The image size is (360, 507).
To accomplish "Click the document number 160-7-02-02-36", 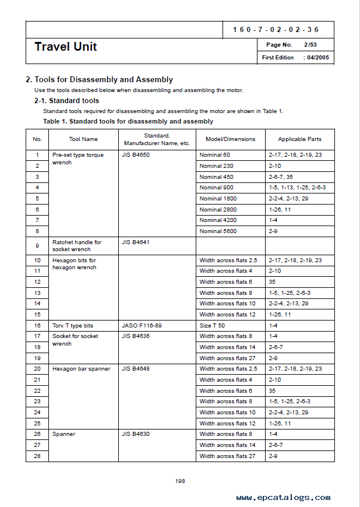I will [276, 30].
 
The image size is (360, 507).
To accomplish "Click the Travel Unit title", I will [66, 47].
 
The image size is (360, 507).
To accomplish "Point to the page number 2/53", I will [309, 45].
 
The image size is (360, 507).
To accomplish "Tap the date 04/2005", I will [318, 58].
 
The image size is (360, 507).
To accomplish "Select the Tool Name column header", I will [83, 139].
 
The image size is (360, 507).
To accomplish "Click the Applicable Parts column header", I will [299, 139].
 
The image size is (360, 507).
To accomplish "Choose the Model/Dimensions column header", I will [231, 139].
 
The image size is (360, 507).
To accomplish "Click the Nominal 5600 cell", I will [219, 231].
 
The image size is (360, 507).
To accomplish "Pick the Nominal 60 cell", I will [215, 155].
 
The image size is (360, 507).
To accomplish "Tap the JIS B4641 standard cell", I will [136, 242].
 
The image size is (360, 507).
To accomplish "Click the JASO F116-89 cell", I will [141, 326].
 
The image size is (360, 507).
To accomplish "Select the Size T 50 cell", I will [212, 326].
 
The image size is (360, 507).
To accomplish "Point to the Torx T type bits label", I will [73, 326].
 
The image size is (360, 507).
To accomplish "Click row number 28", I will [37, 456].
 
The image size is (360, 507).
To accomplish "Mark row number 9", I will [37, 246].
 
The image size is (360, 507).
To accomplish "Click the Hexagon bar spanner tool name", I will [81, 369].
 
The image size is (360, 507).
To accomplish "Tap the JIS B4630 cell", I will [136, 434].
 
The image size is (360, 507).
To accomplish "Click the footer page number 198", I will [180, 481].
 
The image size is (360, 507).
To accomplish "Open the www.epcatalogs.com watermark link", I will [283, 497].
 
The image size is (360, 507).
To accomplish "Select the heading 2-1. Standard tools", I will [66, 101].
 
